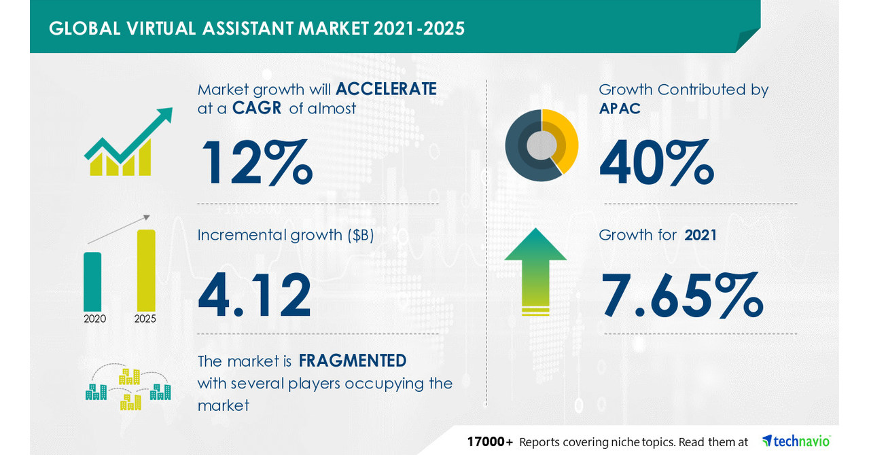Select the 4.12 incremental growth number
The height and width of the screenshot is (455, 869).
click(x=255, y=295)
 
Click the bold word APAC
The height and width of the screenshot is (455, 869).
click(x=620, y=108)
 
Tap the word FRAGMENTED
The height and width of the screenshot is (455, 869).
click(x=352, y=360)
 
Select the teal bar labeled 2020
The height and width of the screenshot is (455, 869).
click(x=92, y=280)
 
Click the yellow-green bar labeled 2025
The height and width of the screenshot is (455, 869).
click(x=145, y=270)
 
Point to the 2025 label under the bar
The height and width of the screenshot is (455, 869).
click(x=145, y=318)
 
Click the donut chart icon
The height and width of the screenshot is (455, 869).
click(x=541, y=145)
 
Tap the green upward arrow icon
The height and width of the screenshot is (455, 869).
click(x=535, y=270)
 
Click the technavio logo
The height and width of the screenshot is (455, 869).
click(x=796, y=441)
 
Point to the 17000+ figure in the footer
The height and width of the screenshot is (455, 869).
click(x=490, y=442)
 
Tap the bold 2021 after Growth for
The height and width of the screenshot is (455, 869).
click(x=700, y=235)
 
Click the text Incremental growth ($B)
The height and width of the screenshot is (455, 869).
click(x=286, y=235)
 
